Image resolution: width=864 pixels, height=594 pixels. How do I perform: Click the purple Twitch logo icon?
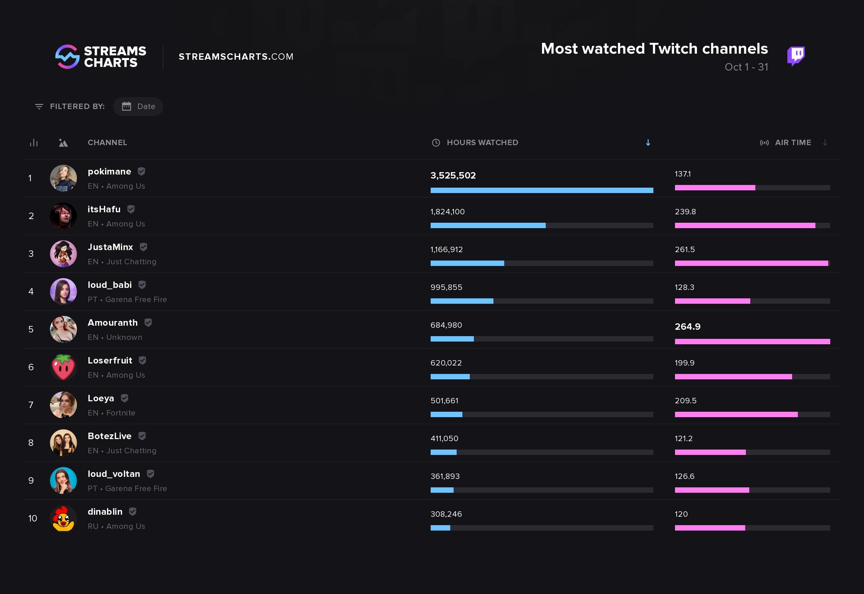tap(796, 56)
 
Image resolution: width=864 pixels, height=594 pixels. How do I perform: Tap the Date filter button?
tap(138, 106)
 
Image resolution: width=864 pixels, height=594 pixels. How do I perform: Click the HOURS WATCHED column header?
tap(482, 142)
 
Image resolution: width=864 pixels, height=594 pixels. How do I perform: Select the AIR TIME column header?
tap(792, 142)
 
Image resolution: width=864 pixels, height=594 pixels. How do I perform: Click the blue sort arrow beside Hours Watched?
tap(648, 142)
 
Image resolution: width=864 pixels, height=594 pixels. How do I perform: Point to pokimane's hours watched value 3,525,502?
tap(453, 175)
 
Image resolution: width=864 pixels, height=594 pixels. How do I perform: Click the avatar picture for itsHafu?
tap(63, 216)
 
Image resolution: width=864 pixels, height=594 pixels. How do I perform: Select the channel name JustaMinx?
tap(110, 247)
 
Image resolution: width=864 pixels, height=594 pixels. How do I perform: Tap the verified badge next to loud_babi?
tap(142, 285)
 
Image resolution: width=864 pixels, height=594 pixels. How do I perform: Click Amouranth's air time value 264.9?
tap(687, 326)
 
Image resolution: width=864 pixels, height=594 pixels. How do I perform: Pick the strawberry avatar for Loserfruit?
tap(63, 367)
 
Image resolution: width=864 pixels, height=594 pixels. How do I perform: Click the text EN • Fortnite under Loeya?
tap(111, 413)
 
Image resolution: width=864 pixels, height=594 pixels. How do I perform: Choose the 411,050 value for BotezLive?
tap(444, 438)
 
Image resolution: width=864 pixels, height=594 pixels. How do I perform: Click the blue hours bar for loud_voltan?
tap(442, 490)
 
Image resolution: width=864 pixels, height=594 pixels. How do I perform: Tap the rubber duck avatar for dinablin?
tap(63, 518)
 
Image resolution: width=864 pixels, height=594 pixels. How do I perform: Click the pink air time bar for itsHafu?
tap(745, 225)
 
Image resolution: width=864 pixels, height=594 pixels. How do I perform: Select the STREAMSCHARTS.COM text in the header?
tap(236, 57)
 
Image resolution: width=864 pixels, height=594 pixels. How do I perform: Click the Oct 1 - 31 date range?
tap(746, 67)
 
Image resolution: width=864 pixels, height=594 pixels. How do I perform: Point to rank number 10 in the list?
tap(32, 518)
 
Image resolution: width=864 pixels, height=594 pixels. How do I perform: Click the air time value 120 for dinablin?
tap(681, 514)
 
